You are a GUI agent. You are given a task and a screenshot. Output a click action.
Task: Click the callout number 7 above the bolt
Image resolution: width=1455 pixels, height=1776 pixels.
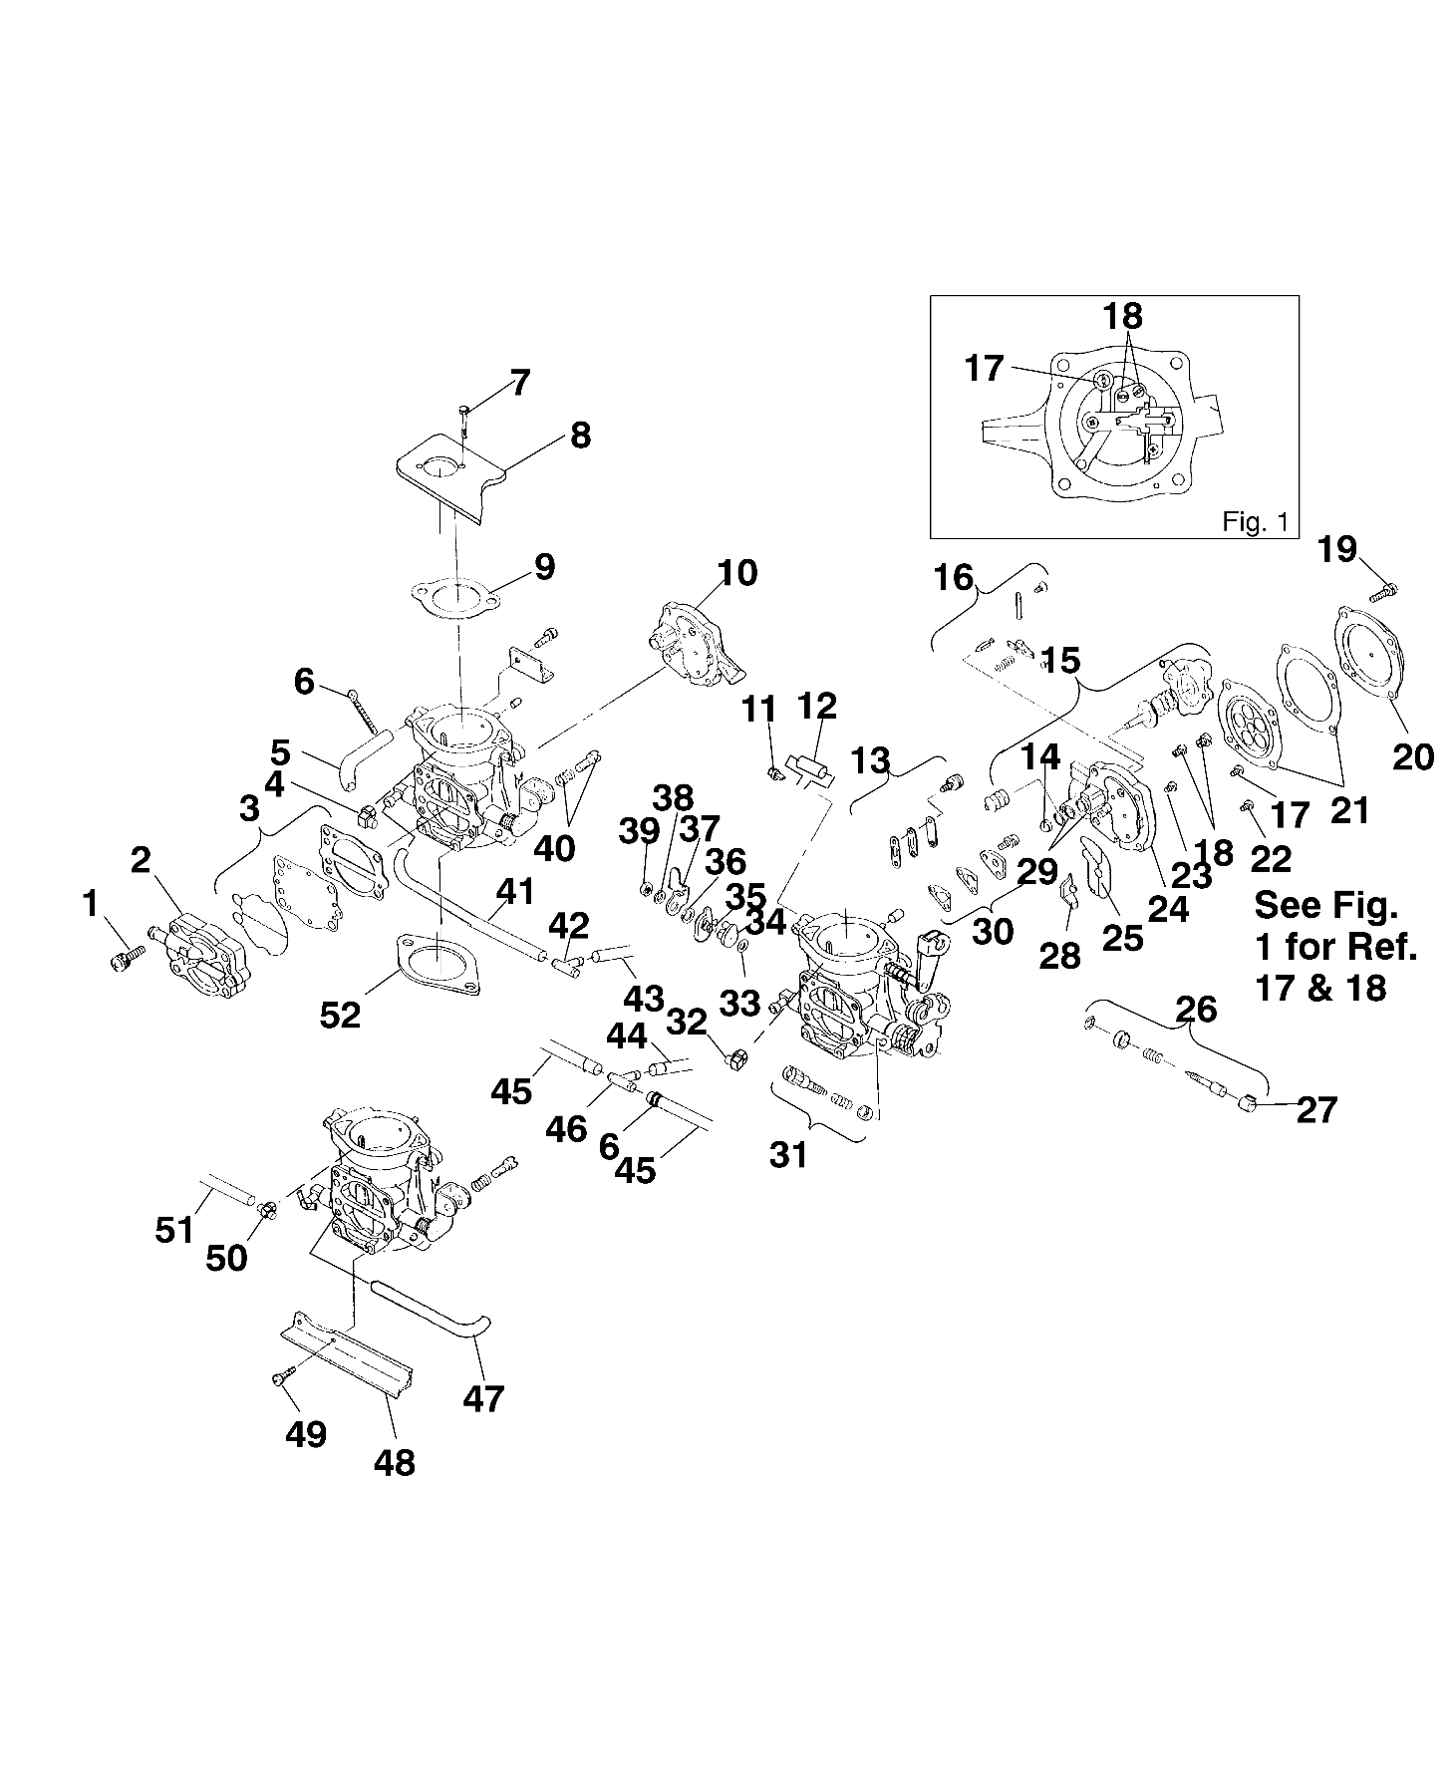[x=519, y=383]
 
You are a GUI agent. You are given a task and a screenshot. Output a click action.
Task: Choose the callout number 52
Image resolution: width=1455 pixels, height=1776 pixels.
[x=340, y=1015]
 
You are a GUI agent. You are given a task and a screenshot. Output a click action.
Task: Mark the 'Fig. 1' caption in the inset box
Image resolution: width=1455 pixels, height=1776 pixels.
[x=1255, y=521]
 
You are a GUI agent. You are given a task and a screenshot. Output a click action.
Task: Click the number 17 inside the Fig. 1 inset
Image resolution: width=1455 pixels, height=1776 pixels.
[x=984, y=369]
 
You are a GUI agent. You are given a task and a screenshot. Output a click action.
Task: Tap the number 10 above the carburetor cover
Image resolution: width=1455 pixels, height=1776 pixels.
[x=736, y=573]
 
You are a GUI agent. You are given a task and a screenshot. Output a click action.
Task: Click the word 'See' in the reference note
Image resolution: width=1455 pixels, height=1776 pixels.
[x=1287, y=905]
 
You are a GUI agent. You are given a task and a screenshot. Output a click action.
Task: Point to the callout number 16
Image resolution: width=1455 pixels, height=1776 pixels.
[x=953, y=577]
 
